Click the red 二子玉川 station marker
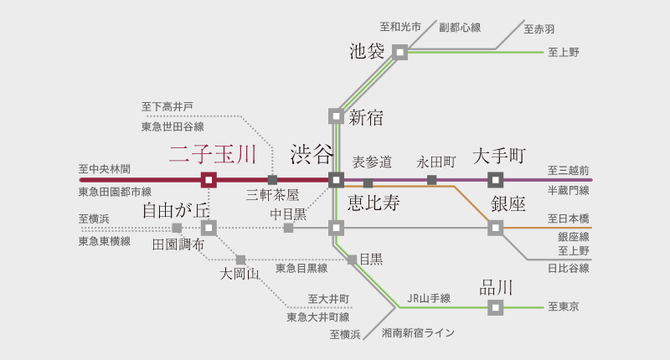(x=209, y=179)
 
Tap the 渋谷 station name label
(x=312, y=154)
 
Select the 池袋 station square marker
(x=400, y=52)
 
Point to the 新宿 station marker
(x=336, y=116)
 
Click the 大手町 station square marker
(x=496, y=179)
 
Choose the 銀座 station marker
(x=496, y=227)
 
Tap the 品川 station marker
(x=496, y=308)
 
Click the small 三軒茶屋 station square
(x=272, y=179)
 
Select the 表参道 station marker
(x=368, y=183)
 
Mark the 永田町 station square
(x=432, y=179)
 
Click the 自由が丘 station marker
(x=209, y=227)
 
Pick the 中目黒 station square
(x=288, y=227)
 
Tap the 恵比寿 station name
(x=374, y=203)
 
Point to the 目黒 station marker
(x=353, y=260)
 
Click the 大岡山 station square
(x=240, y=260)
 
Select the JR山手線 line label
(x=429, y=297)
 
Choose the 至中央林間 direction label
(x=104, y=168)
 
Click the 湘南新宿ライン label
(x=418, y=333)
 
